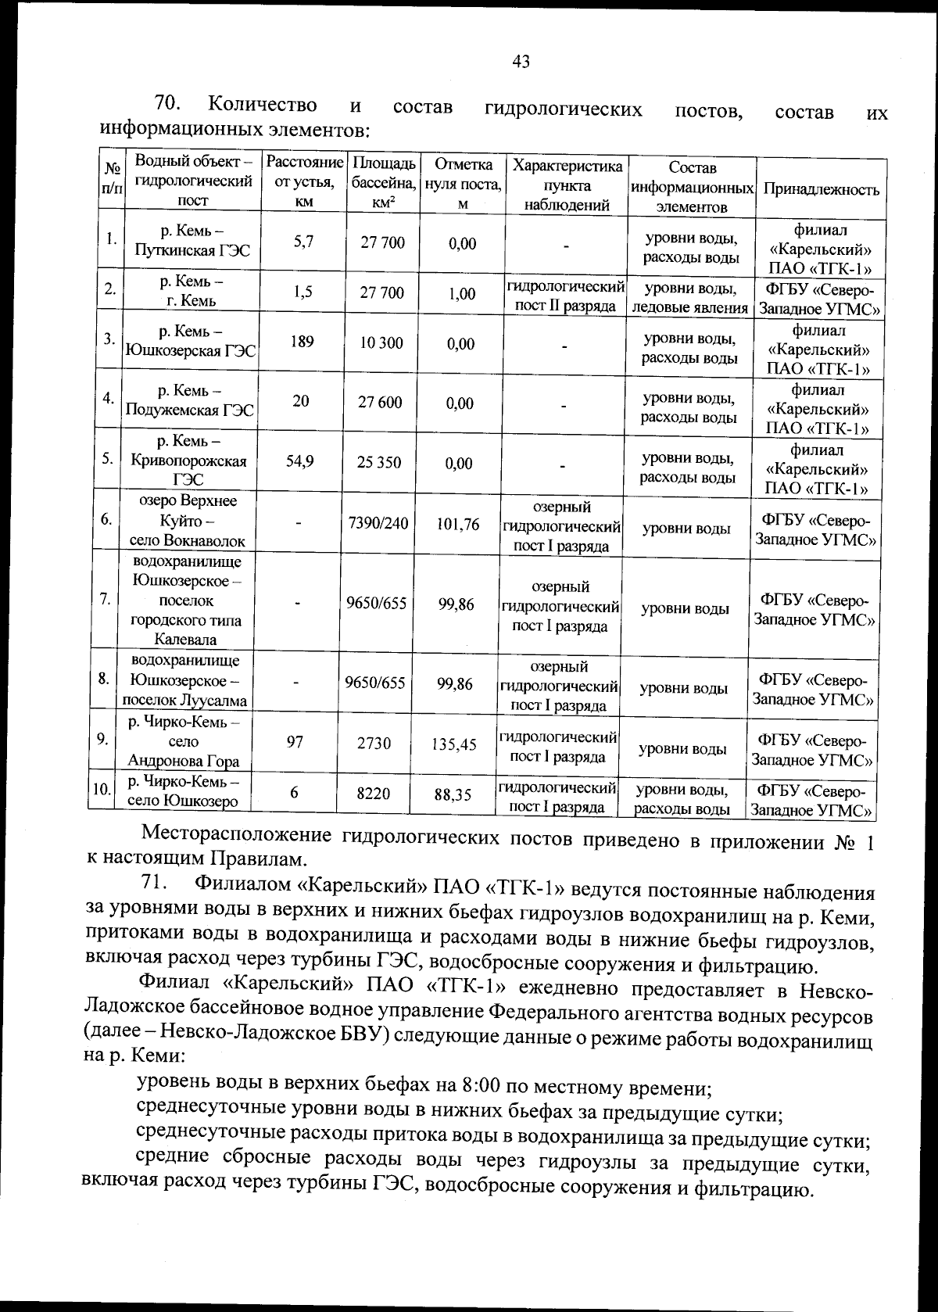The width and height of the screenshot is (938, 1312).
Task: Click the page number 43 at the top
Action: click(521, 61)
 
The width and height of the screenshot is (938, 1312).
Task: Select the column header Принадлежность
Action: click(821, 189)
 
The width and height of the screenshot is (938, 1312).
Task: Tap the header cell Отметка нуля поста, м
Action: click(463, 184)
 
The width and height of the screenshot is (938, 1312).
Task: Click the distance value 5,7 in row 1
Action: click(304, 242)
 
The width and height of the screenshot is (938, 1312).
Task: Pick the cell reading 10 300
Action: click(381, 343)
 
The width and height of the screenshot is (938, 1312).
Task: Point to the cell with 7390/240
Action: click(378, 522)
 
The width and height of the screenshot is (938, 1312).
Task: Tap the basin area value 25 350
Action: click(379, 462)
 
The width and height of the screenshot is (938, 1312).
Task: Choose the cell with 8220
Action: click(373, 793)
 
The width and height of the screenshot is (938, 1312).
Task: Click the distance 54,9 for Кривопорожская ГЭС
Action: click(300, 461)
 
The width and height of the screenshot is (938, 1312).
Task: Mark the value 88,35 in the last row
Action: click(453, 795)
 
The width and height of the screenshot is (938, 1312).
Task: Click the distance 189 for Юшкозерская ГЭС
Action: click(302, 342)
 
